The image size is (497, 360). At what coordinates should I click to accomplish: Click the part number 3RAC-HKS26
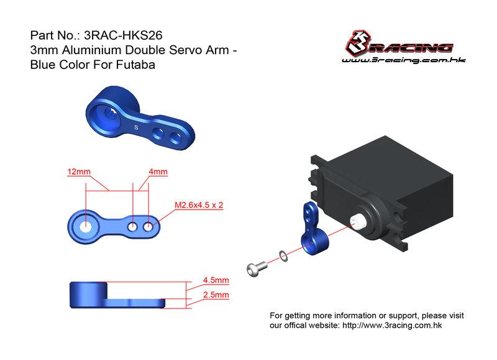[123, 35]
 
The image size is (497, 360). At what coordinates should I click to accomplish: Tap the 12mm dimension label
[79, 172]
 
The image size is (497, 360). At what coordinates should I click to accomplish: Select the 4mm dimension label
[158, 172]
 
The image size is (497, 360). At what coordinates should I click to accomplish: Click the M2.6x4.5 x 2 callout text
[199, 205]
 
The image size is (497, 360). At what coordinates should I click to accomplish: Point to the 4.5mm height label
[216, 280]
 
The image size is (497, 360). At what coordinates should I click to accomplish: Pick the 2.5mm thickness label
[216, 295]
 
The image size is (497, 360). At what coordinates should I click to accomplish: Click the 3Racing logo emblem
[358, 42]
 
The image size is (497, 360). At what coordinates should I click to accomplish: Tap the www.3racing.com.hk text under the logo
[403, 60]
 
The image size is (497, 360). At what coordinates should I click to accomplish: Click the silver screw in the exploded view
[257, 269]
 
